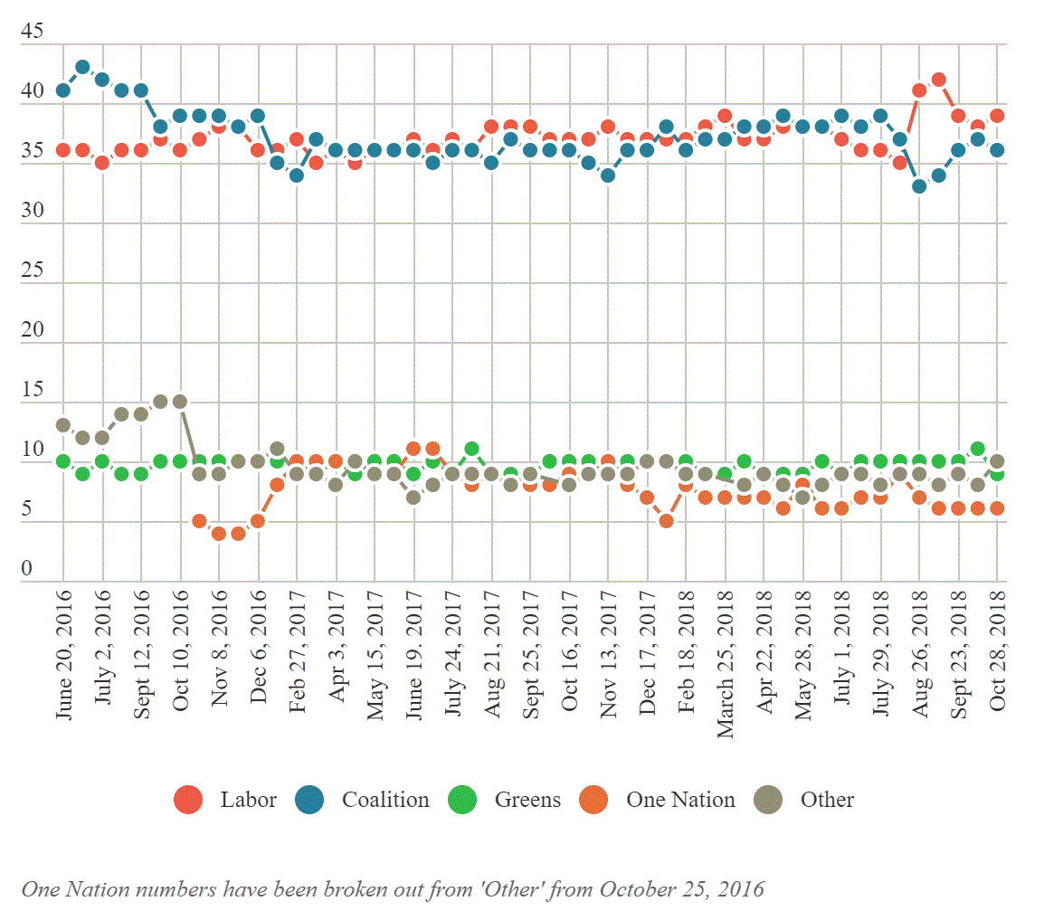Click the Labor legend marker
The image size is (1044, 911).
point(188,800)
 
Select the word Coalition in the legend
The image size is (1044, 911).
point(385,800)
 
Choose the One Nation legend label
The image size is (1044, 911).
point(680,800)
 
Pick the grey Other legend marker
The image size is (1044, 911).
point(769,800)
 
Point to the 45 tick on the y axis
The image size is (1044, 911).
point(32,32)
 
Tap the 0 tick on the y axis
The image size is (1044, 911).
point(26,570)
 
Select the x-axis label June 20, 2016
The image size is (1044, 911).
point(64,654)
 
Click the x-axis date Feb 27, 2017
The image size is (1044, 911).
point(297,654)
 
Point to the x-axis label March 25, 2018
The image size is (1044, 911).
point(726,660)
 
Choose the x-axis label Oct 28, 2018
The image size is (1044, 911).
point(998,654)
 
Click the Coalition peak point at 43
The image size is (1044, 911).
point(82,67)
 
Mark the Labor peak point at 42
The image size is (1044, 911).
point(939,80)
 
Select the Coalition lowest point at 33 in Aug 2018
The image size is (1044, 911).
point(919,186)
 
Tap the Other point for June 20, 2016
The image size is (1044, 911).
point(63,425)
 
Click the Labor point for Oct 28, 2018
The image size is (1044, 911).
point(997,115)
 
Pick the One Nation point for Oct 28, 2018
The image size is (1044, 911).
point(997,508)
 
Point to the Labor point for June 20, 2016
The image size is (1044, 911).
point(63,150)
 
